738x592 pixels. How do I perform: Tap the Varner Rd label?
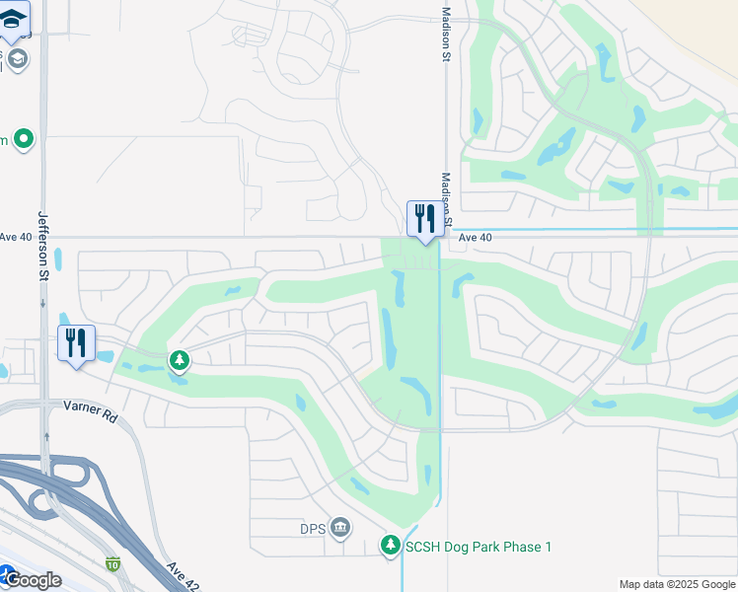pyautogui.click(x=90, y=410)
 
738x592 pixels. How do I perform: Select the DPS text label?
pyautogui.click(x=313, y=529)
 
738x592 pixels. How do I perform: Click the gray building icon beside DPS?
pyautogui.click(x=340, y=529)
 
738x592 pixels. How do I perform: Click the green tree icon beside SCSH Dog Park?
pyautogui.click(x=391, y=546)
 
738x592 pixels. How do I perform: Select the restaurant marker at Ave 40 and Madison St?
pyautogui.click(x=425, y=219)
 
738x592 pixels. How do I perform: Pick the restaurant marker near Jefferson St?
pyautogui.click(x=76, y=343)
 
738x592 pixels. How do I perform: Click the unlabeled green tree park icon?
pyautogui.click(x=179, y=360)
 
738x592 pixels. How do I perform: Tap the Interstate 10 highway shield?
pyautogui.click(x=113, y=564)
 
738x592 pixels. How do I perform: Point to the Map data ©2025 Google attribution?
pyautogui.click(x=677, y=584)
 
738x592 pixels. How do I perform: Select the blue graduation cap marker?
pyautogui.click(x=13, y=18)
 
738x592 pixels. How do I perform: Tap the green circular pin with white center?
pyautogui.click(x=24, y=139)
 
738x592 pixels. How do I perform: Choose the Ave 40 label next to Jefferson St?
pyautogui.click(x=16, y=237)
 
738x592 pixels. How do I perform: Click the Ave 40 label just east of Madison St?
pyautogui.click(x=475, y=238)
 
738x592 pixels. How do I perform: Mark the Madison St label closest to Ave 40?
pyautogui.click(x=446, y=198)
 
